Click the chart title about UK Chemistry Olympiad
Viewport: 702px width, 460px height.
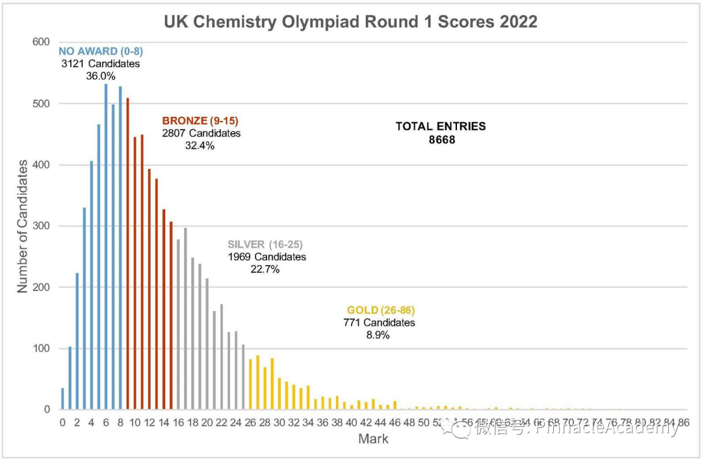[350, 21]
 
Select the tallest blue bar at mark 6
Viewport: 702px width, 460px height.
[106, 247]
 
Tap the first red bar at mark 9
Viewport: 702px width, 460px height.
[128, 254]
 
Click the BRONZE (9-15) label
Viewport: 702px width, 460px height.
[201, 121]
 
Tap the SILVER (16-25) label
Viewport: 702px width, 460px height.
[265, 244]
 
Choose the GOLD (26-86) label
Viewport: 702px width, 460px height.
[381, 310]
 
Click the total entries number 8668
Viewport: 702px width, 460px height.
[441, 139]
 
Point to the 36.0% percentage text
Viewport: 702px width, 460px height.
[101, 76]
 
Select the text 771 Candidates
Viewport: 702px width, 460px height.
[379, 322]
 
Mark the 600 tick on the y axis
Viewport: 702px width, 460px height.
[42, 42]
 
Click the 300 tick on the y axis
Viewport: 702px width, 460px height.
[42, 226]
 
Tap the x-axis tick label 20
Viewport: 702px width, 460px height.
[207, 422]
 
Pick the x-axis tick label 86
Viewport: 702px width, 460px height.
[684, 422]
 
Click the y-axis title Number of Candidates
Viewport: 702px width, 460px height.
[22, 225]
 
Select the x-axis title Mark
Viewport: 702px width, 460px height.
[373, 439]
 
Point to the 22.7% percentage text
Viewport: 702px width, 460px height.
[265, 269]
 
